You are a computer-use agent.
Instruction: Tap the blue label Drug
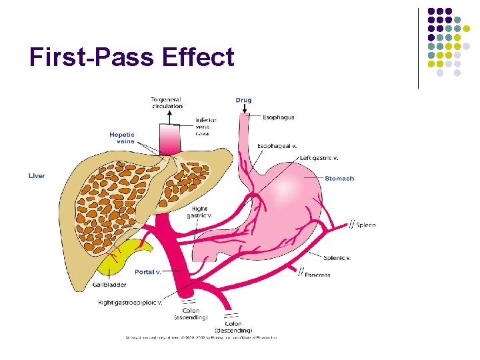coord(243,101)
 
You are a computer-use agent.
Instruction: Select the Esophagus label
coord(278,117)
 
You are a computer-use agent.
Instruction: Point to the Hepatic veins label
coord(122,138)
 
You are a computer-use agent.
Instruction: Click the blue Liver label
coord(37,176)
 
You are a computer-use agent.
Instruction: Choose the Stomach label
coord(339,179)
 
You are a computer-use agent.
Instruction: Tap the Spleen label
coord(365,225)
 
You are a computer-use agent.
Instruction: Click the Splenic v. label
coord(337,258)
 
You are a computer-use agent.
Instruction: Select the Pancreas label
coord(318,275)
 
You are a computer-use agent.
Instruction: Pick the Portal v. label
coord(147,272)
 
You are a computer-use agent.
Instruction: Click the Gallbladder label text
coord(109,285)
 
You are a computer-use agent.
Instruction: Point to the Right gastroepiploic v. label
coord(130,303)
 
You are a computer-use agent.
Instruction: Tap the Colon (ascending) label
coord(191,315)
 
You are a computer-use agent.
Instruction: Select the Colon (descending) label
coord(233,327)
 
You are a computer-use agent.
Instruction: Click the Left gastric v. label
coord(319,158)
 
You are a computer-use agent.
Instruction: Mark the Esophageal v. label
coord(277,145)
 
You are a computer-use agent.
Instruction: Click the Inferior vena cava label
coord(206,127)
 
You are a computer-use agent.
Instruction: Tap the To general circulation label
coord(167,103)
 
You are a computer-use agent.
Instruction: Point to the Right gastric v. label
coord(200,212)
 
